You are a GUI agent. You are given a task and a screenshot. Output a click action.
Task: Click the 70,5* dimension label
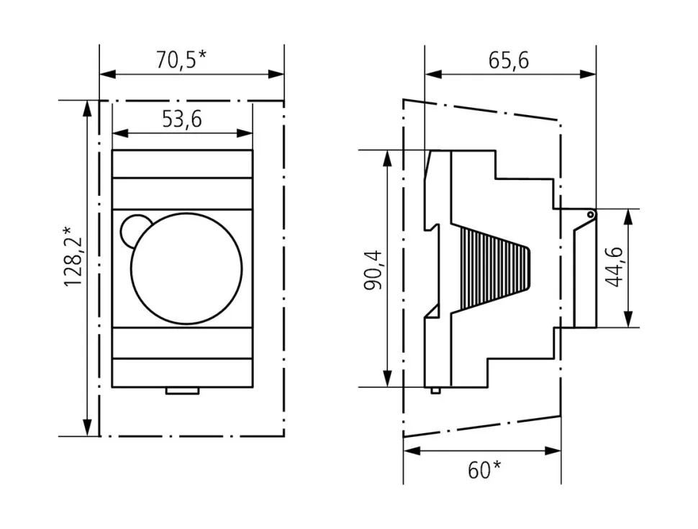tap(181, 60)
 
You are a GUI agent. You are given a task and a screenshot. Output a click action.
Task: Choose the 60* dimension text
tap(484, 470)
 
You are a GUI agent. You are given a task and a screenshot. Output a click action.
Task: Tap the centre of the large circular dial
tap(186, 268)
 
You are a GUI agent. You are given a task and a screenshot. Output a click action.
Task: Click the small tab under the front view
tap(182, 391)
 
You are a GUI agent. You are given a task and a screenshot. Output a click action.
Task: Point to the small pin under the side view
tap(435, 390)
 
